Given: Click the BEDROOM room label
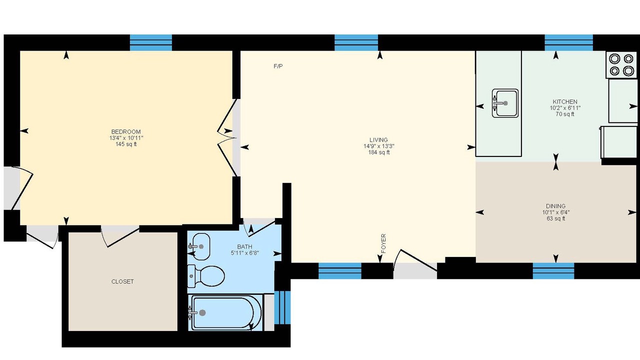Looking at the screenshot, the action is [x=126, y=131].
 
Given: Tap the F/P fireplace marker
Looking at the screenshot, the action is [x=278, y=66].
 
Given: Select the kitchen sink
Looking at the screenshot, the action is [x=505, y=103].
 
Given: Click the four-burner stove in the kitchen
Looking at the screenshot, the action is [x=621, y=64].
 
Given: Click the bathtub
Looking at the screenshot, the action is [x=225, y=312].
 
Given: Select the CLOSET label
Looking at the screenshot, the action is [x=122, y=281].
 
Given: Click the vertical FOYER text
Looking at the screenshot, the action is [x=383, y=243].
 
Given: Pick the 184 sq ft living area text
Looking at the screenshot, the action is [x=379, y=152].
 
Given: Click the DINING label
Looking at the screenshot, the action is [x=555, y=206].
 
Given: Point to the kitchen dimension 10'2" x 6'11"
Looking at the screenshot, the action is [x=565, y=108].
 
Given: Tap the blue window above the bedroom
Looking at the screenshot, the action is [x=151, y=43].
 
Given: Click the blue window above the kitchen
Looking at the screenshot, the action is [x=569, y=43].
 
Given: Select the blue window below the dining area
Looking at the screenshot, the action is [x=553, y=271].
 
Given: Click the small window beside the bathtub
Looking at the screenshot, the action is [x=282, y=307].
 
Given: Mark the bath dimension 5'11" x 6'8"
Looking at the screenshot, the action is [x=245, y=253].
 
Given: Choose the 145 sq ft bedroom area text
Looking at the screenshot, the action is [x=126, y=144].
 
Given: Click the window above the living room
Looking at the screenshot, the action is [x=356, y=43].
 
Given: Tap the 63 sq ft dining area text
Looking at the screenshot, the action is [x=555, y=218].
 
